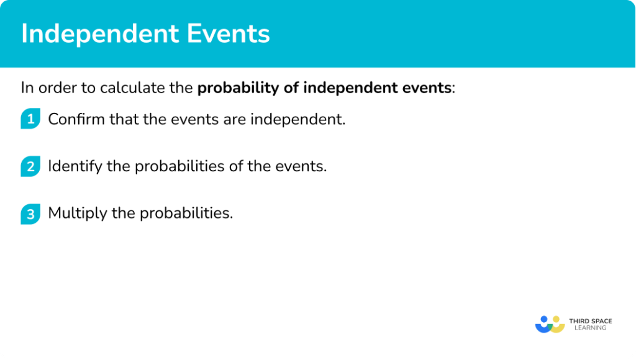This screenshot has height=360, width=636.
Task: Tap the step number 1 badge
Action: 30,119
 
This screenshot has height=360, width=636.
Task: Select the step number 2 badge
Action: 30,166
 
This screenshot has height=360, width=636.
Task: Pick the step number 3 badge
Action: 30,214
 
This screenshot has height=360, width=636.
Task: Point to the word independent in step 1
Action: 298,119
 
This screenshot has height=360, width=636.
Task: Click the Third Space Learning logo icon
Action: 550,324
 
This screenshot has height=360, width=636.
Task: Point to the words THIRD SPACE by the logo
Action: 590,321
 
